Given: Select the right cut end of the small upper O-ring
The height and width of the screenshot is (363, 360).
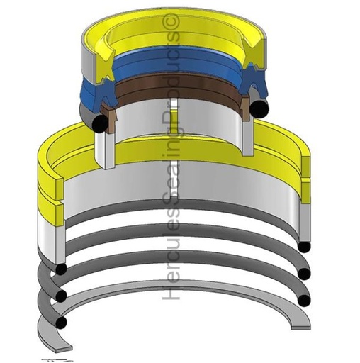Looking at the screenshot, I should (x=260, y=105).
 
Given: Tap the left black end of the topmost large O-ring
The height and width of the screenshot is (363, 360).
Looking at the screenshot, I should (x=62, y=269).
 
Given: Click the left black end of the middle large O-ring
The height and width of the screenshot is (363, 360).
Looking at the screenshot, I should (x=62, y=295).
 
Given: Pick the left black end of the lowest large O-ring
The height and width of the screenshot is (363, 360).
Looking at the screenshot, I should (x=62, y=323).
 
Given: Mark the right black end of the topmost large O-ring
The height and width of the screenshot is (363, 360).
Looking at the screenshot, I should (x=304, y=246).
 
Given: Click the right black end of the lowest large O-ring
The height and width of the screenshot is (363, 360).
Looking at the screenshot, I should (x=305, y=300).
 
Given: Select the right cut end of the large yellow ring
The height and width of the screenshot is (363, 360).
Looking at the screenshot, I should (x=306, y=174).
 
